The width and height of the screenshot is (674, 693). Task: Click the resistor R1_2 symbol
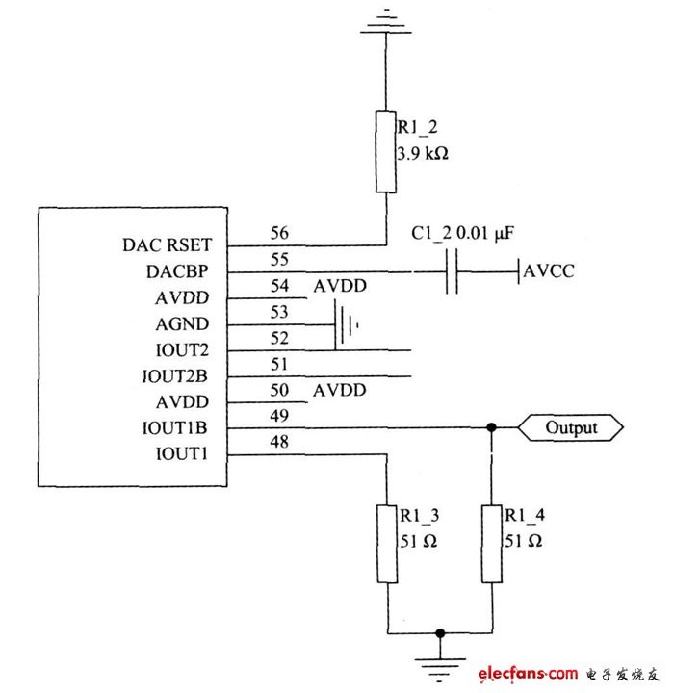tap(386, 152)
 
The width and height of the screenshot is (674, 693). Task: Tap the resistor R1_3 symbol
tap(387, 544)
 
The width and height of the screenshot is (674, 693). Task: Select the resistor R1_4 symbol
tap(492, 544)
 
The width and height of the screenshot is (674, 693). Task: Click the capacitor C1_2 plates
tap(452, 271)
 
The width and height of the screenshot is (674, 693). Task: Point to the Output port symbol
tap(571, 427)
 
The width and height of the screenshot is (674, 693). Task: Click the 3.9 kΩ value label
tap(423, 154)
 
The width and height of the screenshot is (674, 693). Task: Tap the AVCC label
tap(549, 270)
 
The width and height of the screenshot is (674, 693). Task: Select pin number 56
tap(279, 233)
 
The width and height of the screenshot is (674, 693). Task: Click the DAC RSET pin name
tap(168, 244)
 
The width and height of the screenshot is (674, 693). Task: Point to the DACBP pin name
tap(177, 271)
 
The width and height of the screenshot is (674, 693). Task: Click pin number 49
tap(279, 416)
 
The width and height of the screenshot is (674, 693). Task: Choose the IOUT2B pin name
tap(175, 376)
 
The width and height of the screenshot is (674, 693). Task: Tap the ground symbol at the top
tap(386, 21)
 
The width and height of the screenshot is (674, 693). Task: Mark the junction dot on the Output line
tap(491, 427)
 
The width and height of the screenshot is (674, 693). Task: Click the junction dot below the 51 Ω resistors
tap(440, 633)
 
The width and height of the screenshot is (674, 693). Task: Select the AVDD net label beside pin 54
tap(340, 286)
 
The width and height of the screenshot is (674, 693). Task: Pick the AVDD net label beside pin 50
tap(340, 390)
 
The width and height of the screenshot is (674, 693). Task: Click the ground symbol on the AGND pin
tap(347, 325)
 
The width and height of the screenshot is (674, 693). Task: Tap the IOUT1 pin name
tap(182, 454)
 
